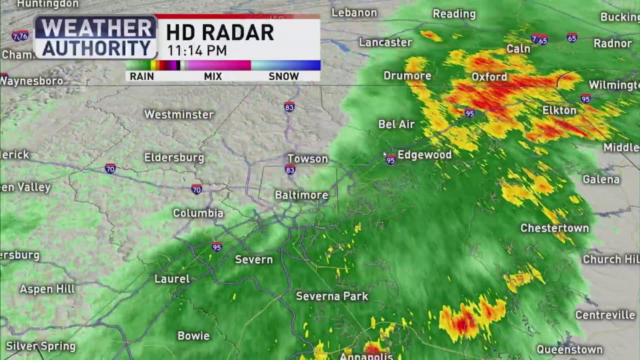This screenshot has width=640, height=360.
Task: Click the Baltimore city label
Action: (x=301, y=195)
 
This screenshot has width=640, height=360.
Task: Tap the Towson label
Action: (x=307, y=159)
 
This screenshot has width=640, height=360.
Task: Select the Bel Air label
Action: (x=396, y=124)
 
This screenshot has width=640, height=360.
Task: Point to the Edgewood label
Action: (x=424, y=155)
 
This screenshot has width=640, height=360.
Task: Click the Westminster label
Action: (x=179, y=114)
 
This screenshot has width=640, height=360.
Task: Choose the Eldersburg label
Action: (x=174, y=157)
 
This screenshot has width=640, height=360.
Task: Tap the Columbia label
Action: (x=198, y=213)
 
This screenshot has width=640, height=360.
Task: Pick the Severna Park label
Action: (x=332, y=296)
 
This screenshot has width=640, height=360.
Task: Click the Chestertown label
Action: (x=554, y=228)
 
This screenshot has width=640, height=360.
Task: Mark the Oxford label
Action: (x=489, y=77)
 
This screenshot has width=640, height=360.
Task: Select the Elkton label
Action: (x=559, y=110)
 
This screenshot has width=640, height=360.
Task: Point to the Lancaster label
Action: (x=385, y=42)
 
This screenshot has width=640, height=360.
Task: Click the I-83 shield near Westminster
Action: (x=289, y=107)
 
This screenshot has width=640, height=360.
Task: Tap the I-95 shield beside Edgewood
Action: (x=390, y=160)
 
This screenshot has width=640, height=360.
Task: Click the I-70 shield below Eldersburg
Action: (x=196, y=189)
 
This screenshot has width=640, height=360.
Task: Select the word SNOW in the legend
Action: (x=283, y=76)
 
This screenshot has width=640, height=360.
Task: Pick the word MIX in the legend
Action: (x=213, y=76)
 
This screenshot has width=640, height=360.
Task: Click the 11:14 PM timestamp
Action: (x=197, y=50)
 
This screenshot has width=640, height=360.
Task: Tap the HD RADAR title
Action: (x=220, y=33)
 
